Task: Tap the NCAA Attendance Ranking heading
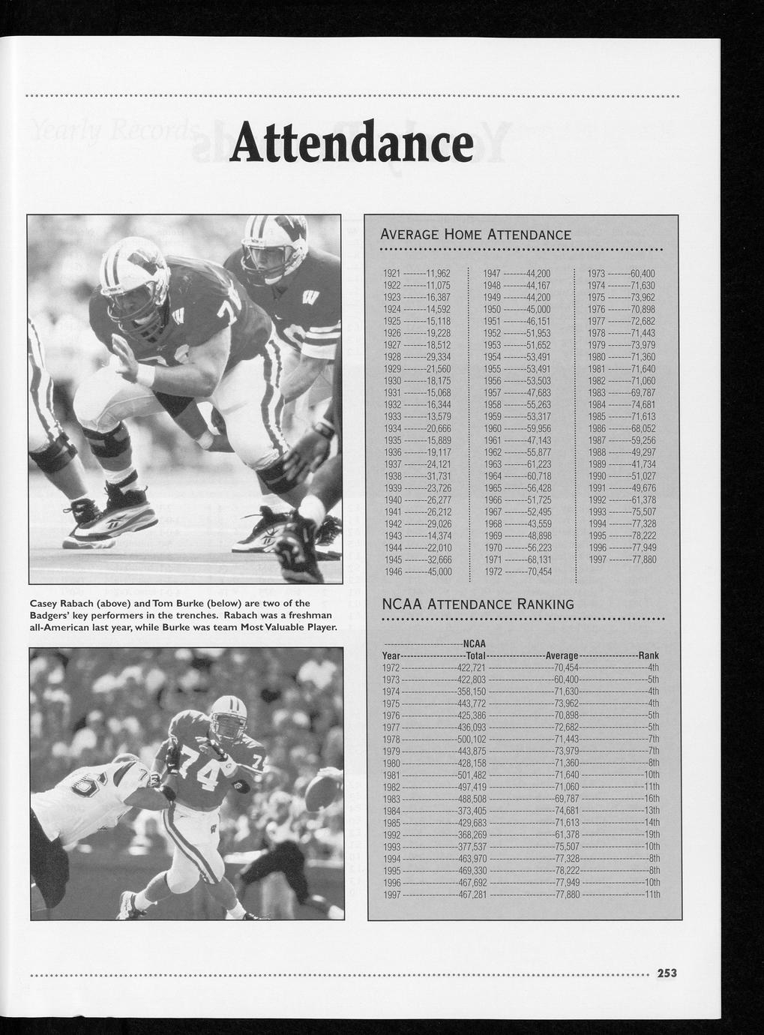coord(478,604)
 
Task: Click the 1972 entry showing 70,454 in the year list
coord(517,571)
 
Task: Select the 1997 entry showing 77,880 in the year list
coord(622,559)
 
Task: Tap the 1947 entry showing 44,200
coord(517,274)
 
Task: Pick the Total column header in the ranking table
coord(472,655)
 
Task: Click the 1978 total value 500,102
coord(472,739)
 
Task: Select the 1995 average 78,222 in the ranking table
coord(567,870)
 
